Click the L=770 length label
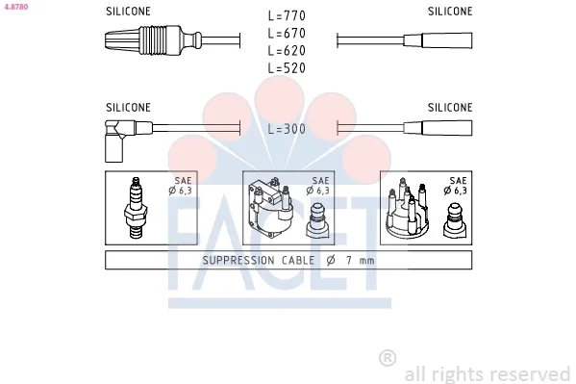click(288, 16)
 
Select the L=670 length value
click(288, 34)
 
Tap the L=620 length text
click(288, 50)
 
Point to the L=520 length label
click(288, 67)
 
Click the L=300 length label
click(288, 128)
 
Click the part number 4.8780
click(15, 6)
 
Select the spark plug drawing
click(136, 207)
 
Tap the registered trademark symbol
click(388, 358)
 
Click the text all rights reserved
click(487, 372)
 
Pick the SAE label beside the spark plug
click(183, 180)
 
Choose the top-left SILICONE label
click(128, 12)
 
